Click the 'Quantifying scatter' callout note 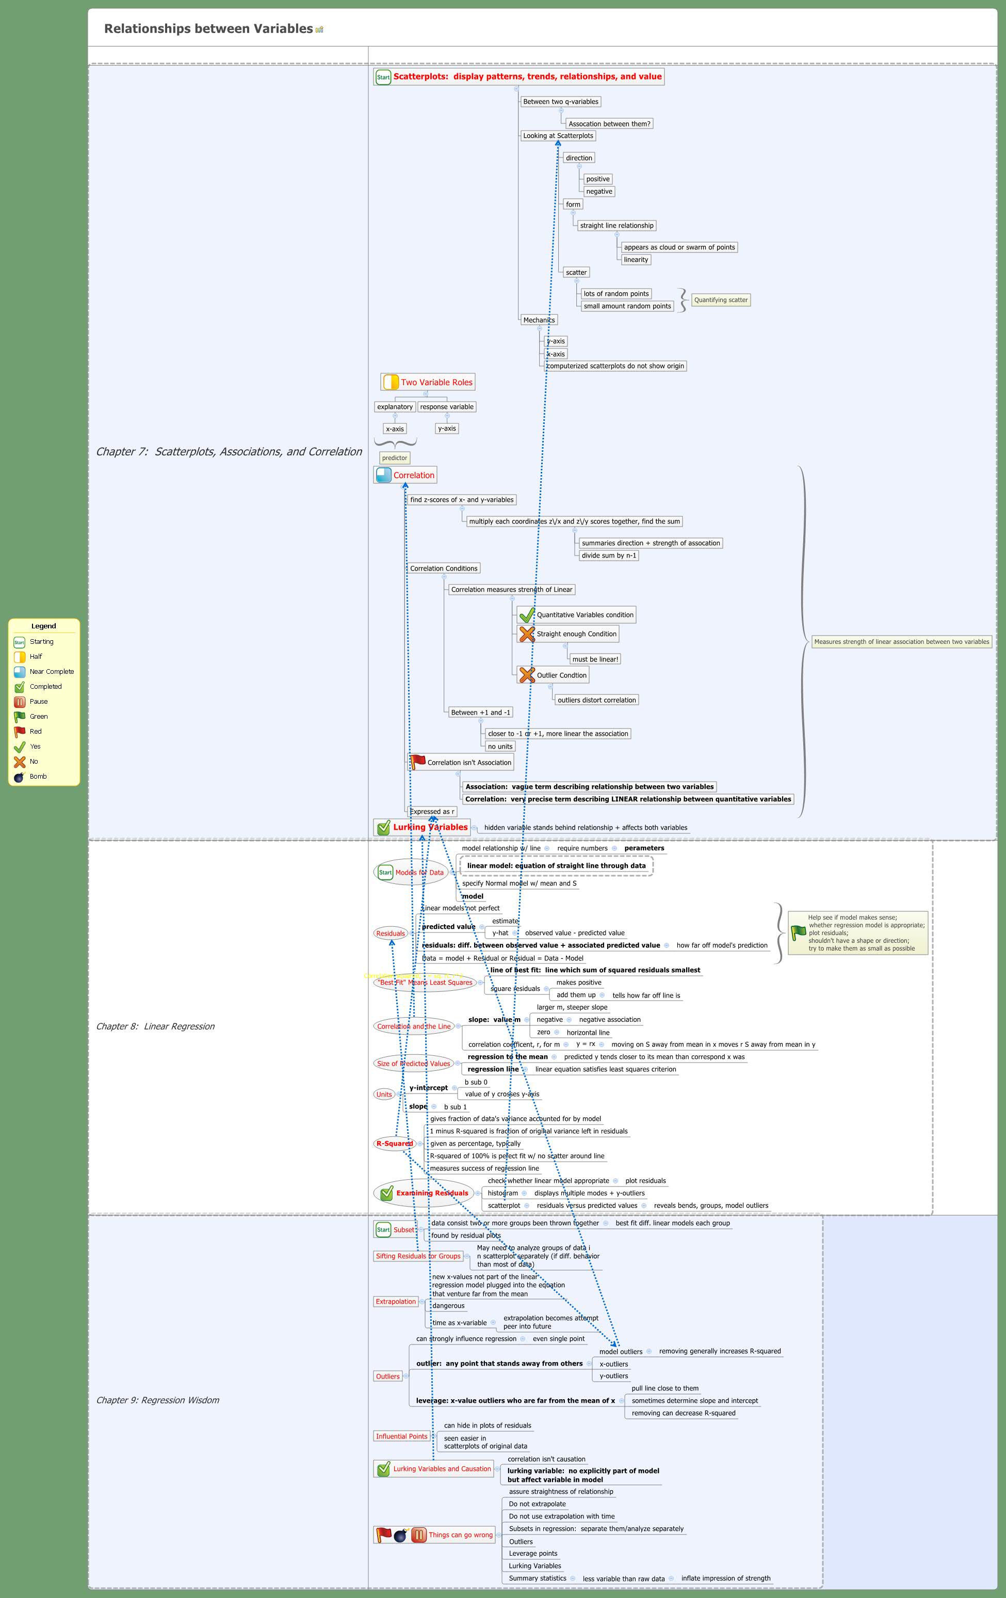(721, 300)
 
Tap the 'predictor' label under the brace (395, 458)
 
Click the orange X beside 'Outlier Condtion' (527, 675)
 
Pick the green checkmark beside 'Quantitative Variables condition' (527, 615)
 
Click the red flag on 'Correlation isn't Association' (418, 762)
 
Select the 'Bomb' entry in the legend (38, 777)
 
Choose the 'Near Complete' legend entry (51, 672)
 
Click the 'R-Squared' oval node (394, 1144)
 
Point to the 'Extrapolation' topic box (396, 1301)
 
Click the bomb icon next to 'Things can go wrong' (400, 1535)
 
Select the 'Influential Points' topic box (401, 1436)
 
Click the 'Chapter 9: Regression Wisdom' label (158, 1400)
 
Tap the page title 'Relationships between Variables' (208, 28)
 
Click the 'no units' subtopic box (500, 747)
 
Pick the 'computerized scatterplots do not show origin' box (615, 366)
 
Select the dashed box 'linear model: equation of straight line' (556, 865)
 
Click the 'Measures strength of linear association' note (901, 642)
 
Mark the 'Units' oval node (384, 1094)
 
